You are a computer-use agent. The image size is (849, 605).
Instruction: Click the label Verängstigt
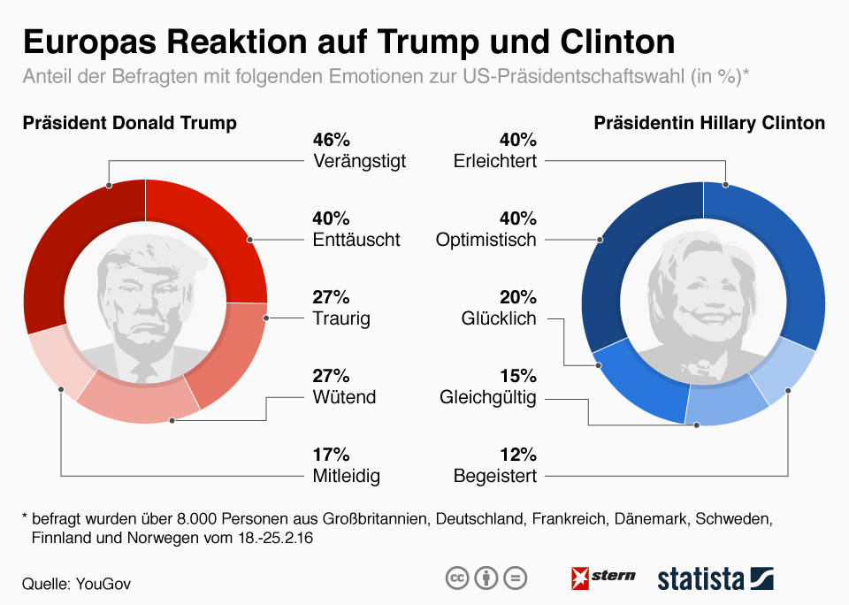[359, 162]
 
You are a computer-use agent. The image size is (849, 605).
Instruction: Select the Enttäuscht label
[356, 240]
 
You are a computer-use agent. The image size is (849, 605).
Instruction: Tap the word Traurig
[341, 318]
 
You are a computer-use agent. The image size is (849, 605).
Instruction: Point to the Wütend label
[344, 397]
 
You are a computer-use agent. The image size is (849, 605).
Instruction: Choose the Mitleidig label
[346, 476]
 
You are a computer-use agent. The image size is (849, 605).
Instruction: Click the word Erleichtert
[494, 162]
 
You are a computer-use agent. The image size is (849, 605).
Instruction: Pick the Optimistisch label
[486, 240]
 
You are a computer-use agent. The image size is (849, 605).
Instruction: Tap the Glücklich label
[499, 318]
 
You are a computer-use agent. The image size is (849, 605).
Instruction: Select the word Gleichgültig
[488, 397]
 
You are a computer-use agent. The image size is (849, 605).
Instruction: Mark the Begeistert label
[495, 476]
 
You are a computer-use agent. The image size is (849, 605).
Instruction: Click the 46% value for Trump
[332, 140]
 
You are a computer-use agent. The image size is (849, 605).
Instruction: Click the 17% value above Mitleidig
[332, 455]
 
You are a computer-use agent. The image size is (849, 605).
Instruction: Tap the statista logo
[715, 578]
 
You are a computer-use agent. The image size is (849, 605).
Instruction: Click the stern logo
[603, 578]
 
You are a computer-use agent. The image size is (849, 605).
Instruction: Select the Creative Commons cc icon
[456, 578]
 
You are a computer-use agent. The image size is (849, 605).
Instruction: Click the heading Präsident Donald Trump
[129, 123]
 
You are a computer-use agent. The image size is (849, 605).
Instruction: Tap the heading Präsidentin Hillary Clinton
[709, 123]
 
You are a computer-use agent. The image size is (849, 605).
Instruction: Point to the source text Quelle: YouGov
[81, 584]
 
